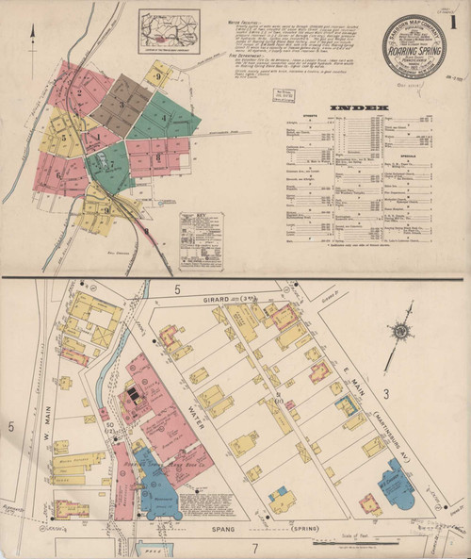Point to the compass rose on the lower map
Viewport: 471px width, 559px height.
pos(401,331)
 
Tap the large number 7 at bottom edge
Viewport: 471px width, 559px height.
pos(253,548)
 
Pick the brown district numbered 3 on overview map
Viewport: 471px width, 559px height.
pos(121,102)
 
